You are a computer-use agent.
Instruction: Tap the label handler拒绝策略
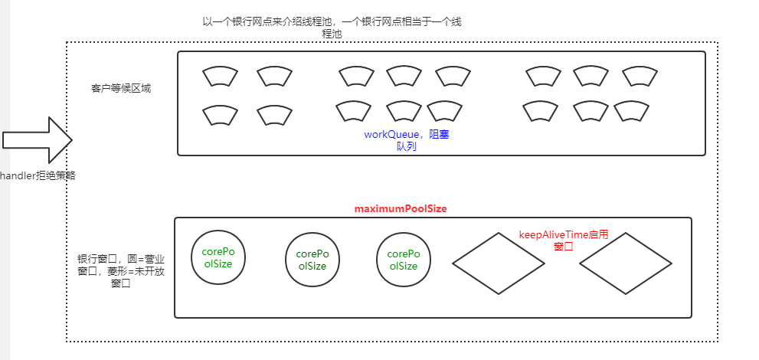pyautogui.click(x=38, y=175)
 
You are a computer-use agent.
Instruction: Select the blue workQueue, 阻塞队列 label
pyautogui.click(x=406, y=140)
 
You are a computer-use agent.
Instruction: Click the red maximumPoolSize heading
pyautogui.click(x=401, y=208)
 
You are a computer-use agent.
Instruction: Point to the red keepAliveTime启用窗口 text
pyautogui.click(x=563, y=241)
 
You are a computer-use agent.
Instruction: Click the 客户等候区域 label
pyautogui.click(x=121, y=88)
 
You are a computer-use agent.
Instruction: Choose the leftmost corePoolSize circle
pyautogui.click(x=220, y=257)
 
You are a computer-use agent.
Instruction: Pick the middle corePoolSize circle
pyautogui.click(x=312, y=260)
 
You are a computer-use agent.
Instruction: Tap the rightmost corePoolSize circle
pyautogui.click(x=403, y=260)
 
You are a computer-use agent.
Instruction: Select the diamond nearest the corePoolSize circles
pyautogui.click(x=499, y=263)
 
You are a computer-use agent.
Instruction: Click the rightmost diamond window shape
pyautogui.click(x=626, y=263)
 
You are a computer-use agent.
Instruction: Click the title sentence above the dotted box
pyautogui.click(x=332, y=28)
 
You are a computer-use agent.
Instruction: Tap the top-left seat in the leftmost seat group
pyautogui.click(x=220, y=77)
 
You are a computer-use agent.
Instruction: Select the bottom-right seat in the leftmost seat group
pyautogui.click(x=274, y=115)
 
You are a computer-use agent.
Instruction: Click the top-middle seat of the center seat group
pyautogui.click(x=404, y=75)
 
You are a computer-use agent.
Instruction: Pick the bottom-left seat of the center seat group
pyautogui.click(x=354, y=112)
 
